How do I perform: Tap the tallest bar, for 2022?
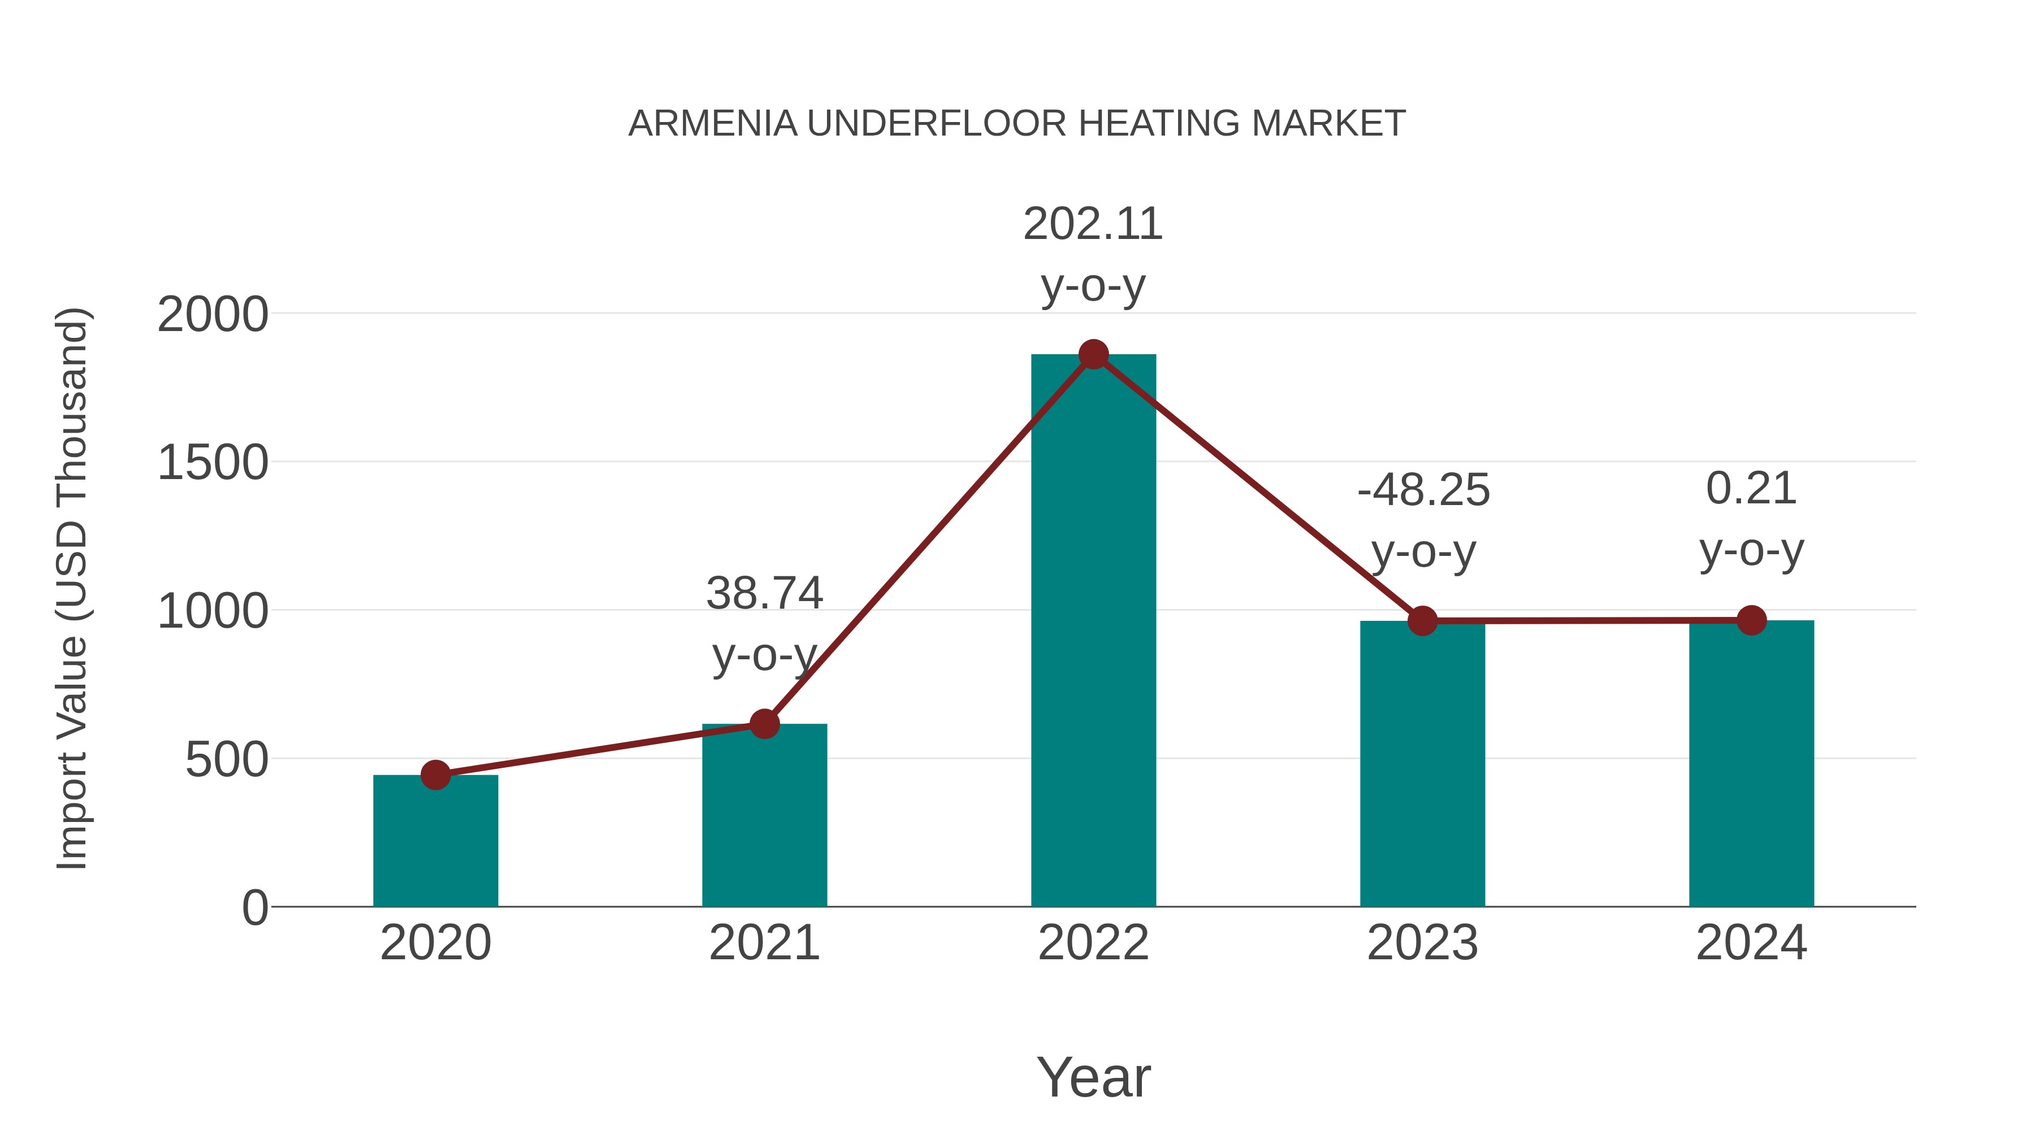coord(1093,632)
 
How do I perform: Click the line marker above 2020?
coord(435,775)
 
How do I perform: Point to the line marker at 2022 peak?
coord(1093,354)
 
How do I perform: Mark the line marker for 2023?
coord(1422,621)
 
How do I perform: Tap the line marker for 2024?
coord(1751,620)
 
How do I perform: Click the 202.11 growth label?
coord(1093,224)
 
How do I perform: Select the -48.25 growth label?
coord(1423,490)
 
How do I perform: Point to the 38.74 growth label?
coord(764,594)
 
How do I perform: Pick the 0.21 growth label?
coord(1751,489)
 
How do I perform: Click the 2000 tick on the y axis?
coord(213,315)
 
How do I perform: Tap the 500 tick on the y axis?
coord(227,760)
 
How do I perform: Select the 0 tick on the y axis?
coord(255,908)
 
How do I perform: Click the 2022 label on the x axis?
coord(1093,943)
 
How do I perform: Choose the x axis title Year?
coord(1093,1078)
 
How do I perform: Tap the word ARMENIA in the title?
coord(713,124)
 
